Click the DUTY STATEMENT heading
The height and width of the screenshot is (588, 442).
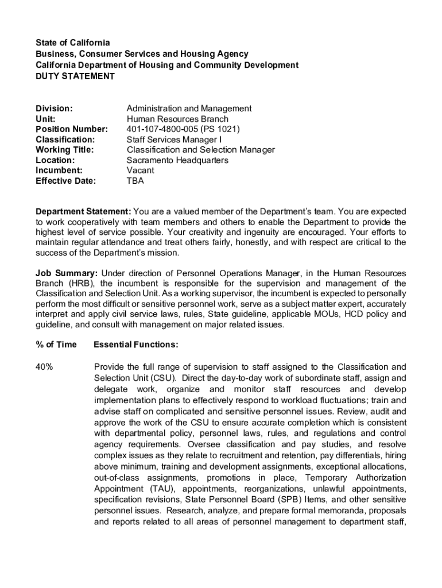[x=75, y=76]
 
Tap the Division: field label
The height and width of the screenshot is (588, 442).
[x=54, y=109]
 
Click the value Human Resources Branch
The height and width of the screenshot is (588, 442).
[x=177, y=119]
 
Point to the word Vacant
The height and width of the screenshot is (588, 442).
[x=140, y=171]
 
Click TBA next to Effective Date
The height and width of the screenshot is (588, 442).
[x=135, y=181]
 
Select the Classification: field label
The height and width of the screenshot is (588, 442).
[x=65, y=140]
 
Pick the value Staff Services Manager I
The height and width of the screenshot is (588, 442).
[x=174, y=140]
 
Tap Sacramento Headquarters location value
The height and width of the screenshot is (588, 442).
[x=177, y=160]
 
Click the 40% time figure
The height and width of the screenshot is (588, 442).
[x=45, y=367]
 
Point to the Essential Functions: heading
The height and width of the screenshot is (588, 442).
[x=135, y=345]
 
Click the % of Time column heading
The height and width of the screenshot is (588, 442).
[x=56, y=345]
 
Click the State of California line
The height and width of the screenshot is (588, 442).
[x=73, y=43]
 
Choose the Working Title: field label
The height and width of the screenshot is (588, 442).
[x=65, y=150]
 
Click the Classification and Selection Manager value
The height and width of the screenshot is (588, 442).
[x=200, y=150]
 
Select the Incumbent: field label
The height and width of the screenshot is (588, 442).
[x=59, y=171]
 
